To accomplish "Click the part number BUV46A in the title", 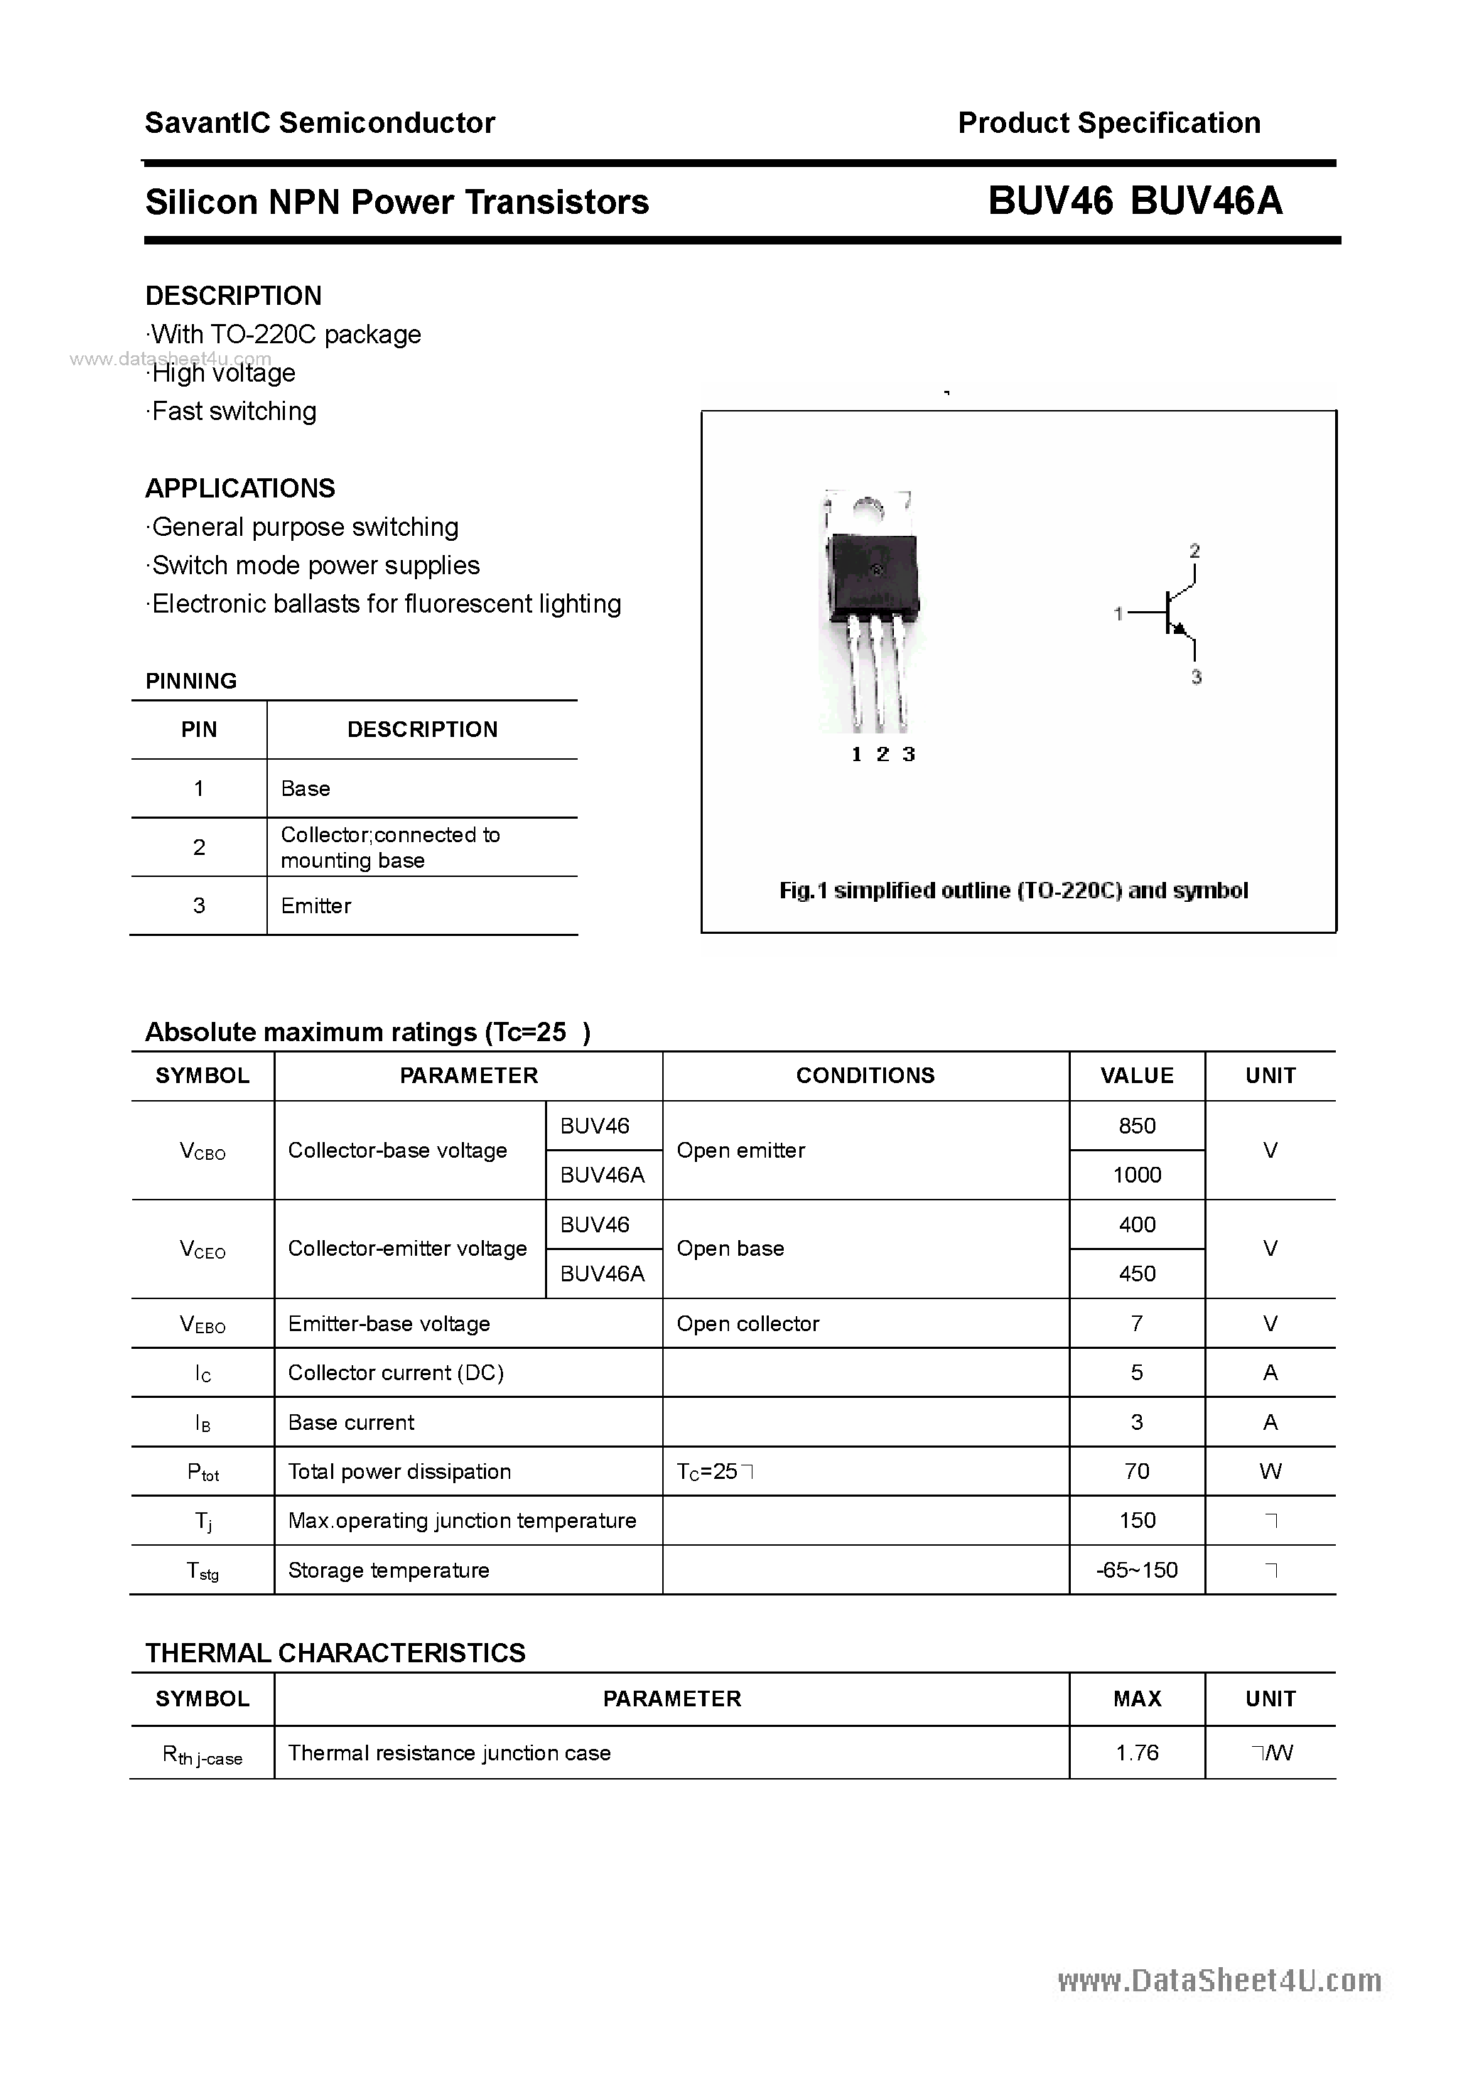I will point(1206,201).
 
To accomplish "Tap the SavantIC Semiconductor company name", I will point(320,123).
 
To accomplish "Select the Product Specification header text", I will point(1108,123).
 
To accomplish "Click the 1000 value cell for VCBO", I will point(1137,1175).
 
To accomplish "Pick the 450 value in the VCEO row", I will point(1137,1274).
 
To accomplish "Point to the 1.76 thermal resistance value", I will point(1137,1753).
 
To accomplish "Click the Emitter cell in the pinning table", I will point(316,906).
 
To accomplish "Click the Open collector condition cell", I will point(748,1323).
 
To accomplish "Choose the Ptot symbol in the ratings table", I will point(203,1473).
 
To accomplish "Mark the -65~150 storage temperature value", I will point(1137,1571).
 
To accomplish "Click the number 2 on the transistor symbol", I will point(1194,550).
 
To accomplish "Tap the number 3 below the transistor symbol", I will point(1196,677).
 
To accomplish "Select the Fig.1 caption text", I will point(1014,890).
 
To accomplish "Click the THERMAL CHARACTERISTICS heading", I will point(335,1652).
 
